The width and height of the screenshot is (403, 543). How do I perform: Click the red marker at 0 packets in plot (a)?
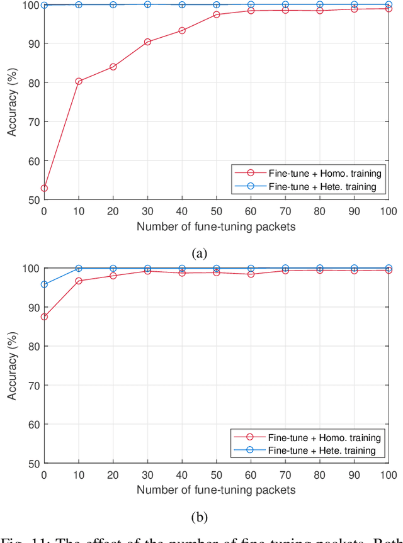coord(45,188)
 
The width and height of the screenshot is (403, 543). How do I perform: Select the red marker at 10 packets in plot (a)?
coord(79,81)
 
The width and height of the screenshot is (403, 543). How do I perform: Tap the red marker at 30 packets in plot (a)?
coord(148,42)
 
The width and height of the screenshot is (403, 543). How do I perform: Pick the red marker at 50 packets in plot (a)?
coord(217,14)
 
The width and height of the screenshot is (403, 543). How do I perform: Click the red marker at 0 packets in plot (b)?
coord(45,316)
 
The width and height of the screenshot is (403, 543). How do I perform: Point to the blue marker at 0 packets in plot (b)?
coord(45,284)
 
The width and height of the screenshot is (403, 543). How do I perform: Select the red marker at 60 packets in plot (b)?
coord(251,274)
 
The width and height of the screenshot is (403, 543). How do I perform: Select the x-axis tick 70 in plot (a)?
coord(285,211)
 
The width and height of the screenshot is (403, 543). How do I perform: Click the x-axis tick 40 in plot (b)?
coord(182,474)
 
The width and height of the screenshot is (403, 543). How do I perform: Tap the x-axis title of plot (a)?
coord(217,227)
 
